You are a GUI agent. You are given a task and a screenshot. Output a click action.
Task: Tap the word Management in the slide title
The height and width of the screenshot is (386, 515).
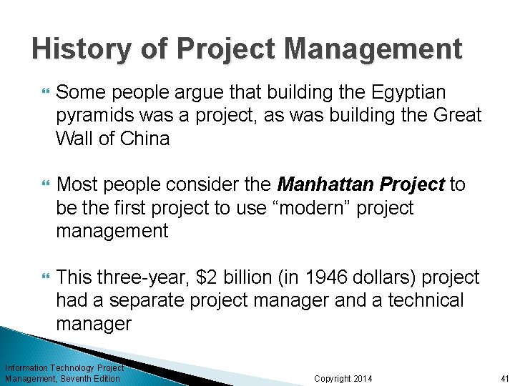pyautogui.click(x=373, y=49)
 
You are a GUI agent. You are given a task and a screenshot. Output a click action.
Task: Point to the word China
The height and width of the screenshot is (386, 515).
pyautogui.click(x=145, y=139)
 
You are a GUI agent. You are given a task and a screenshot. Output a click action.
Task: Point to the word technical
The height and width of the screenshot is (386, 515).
pyautogui.click(x=426, y=300)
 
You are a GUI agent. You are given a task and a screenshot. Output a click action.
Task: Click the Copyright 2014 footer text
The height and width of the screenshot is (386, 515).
pyautogui.click(x=343, y=378)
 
